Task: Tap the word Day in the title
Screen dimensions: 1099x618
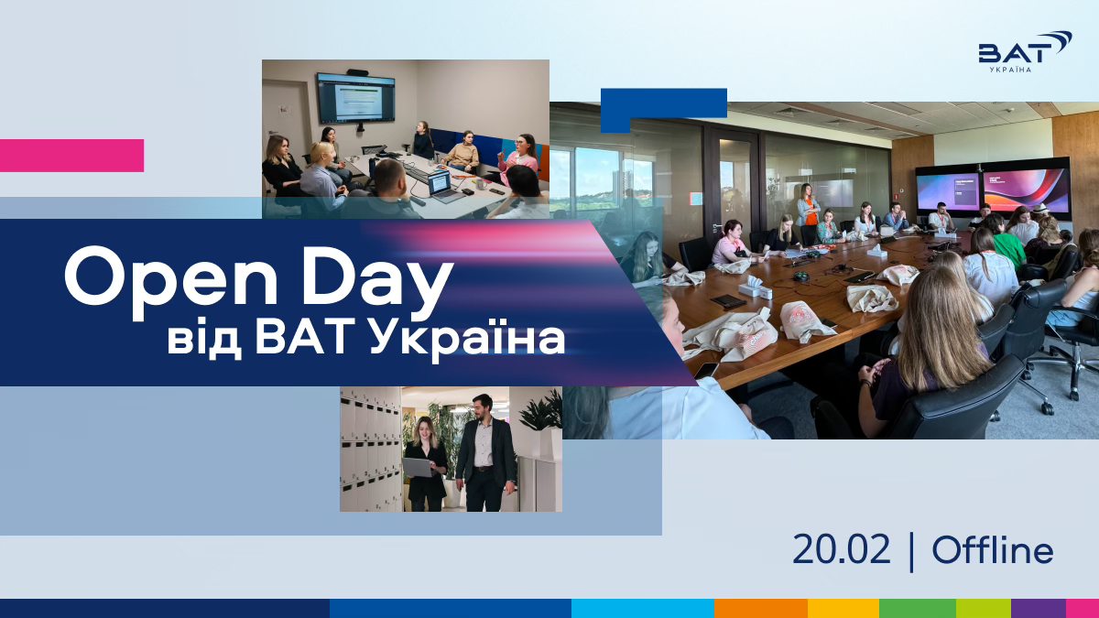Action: click(x=376, y=282)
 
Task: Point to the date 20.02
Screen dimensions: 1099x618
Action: click(x=841, y=550)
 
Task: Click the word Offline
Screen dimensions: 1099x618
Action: click(x=993, y=549)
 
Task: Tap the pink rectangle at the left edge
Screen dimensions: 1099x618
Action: click(x=71, y=156)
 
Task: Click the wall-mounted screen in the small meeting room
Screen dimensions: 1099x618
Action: click(x=356, y=98)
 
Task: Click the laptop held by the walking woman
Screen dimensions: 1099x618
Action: click(x=418, y=467)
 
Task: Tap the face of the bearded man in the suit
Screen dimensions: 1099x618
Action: click(x=481, y=408)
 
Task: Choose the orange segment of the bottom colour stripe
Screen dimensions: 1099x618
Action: click(x=761, y=608)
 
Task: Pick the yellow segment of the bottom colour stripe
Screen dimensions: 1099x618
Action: click(x=843, y=608)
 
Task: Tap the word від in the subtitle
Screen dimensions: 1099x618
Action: click(x=204, y=339)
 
